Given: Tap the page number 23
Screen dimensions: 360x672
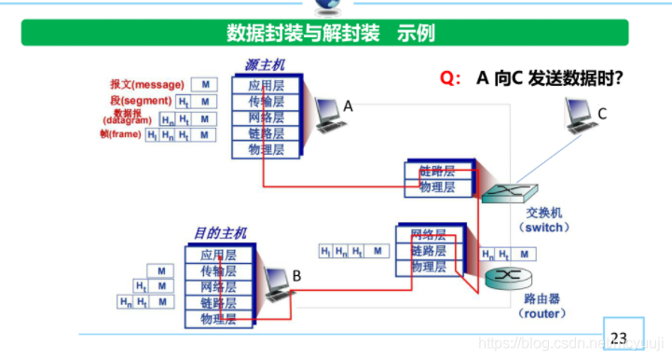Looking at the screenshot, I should point(619,337).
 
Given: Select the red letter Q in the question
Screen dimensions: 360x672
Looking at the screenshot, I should point(449,78).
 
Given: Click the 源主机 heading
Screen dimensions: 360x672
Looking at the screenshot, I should point(265,65).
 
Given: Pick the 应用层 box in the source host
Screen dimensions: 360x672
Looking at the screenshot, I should point(266,85).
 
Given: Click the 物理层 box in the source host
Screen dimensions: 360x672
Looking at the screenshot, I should point(266,149).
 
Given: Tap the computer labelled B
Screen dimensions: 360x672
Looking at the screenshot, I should point(276,283).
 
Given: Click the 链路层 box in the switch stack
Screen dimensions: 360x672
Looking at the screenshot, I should point(436,172).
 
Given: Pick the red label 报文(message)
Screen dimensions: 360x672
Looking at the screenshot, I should point(146,84).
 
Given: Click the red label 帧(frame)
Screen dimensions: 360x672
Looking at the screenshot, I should point(119,134).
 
